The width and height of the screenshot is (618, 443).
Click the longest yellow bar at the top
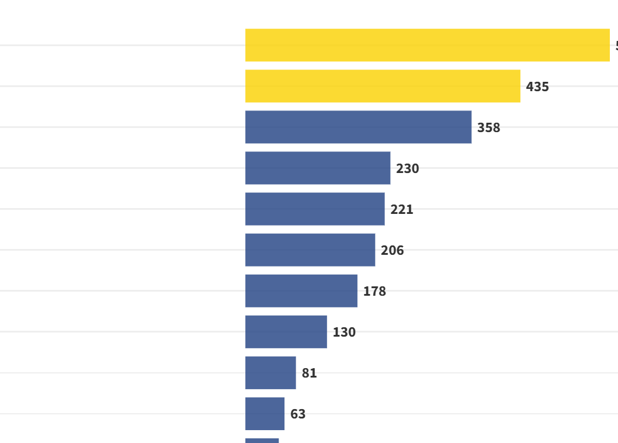427,45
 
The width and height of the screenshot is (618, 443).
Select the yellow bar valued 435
383,86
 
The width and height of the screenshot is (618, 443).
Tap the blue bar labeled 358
358,127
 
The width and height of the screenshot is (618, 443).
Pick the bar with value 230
318,168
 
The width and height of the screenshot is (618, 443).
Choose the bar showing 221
315,209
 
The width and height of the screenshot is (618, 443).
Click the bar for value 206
310,250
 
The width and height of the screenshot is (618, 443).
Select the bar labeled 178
301,290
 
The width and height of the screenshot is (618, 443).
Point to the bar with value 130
286,331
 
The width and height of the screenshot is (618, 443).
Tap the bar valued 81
270,372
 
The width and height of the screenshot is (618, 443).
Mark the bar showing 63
265,413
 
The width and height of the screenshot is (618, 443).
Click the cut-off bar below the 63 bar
262,440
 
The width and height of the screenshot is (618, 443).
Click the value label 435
537,87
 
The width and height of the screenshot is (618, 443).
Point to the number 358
488,128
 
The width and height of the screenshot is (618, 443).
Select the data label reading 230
407,169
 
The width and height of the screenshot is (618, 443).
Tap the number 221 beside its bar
401,210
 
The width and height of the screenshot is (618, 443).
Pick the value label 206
392,251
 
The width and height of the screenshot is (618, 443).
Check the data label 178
374,292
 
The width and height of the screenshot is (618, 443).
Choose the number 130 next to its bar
344,333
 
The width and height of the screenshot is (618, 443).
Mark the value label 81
309,373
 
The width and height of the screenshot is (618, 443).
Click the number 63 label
298,414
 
